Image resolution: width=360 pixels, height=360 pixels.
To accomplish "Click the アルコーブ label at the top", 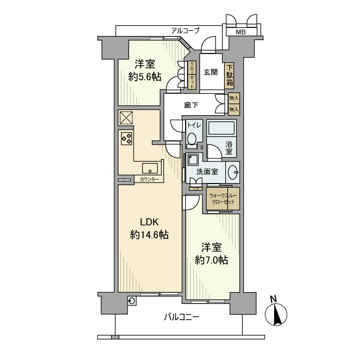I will pos(185,31).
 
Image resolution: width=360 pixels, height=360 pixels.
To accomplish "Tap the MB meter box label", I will pos(240,32).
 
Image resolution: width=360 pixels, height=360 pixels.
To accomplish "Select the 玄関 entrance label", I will pos(210,72).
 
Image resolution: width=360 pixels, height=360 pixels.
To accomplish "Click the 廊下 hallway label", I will pos(191,106).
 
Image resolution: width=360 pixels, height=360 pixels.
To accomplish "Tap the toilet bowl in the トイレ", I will pos(192,138).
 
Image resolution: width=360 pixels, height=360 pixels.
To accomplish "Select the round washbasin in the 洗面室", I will pos(233,171).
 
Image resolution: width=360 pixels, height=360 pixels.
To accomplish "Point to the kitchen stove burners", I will pos(127,137).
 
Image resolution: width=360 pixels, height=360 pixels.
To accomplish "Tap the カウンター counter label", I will pos(149,179).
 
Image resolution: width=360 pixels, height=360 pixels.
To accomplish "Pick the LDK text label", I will pos(150,222).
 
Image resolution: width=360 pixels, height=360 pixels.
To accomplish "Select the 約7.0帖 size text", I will pos(211,261).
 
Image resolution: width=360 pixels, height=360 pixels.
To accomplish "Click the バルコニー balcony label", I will pos(182,317).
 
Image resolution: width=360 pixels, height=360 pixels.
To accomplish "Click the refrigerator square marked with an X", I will pos(126,118).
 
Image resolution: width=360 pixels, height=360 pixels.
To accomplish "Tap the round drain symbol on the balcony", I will pos(133,302).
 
